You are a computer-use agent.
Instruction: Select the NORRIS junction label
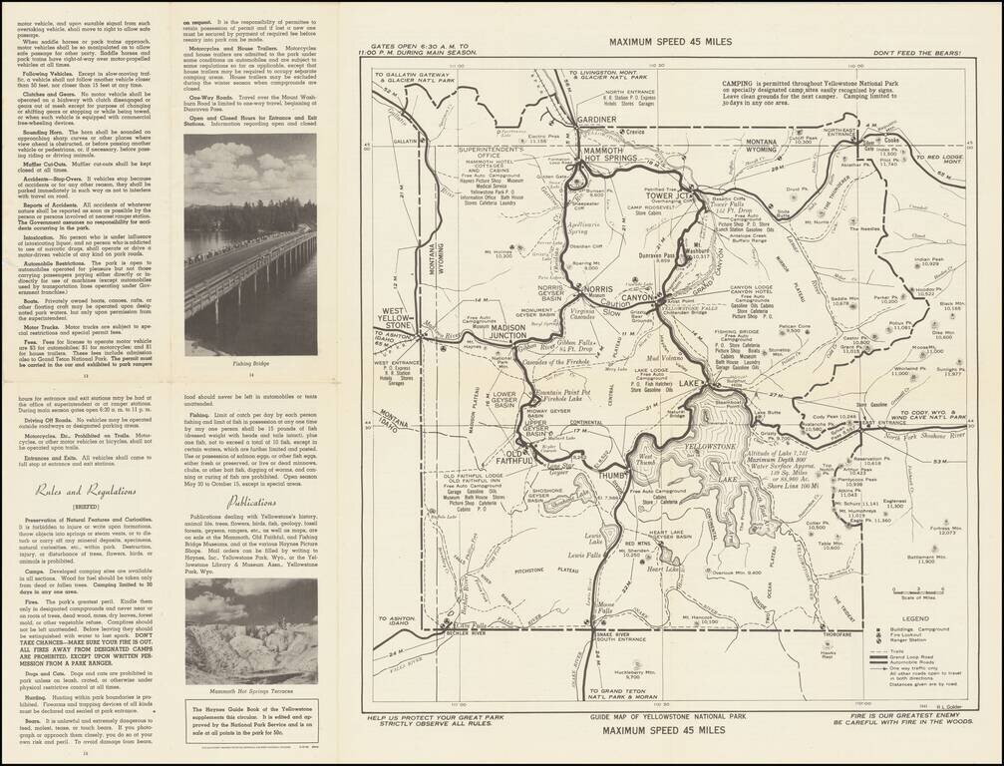point(597,288)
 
